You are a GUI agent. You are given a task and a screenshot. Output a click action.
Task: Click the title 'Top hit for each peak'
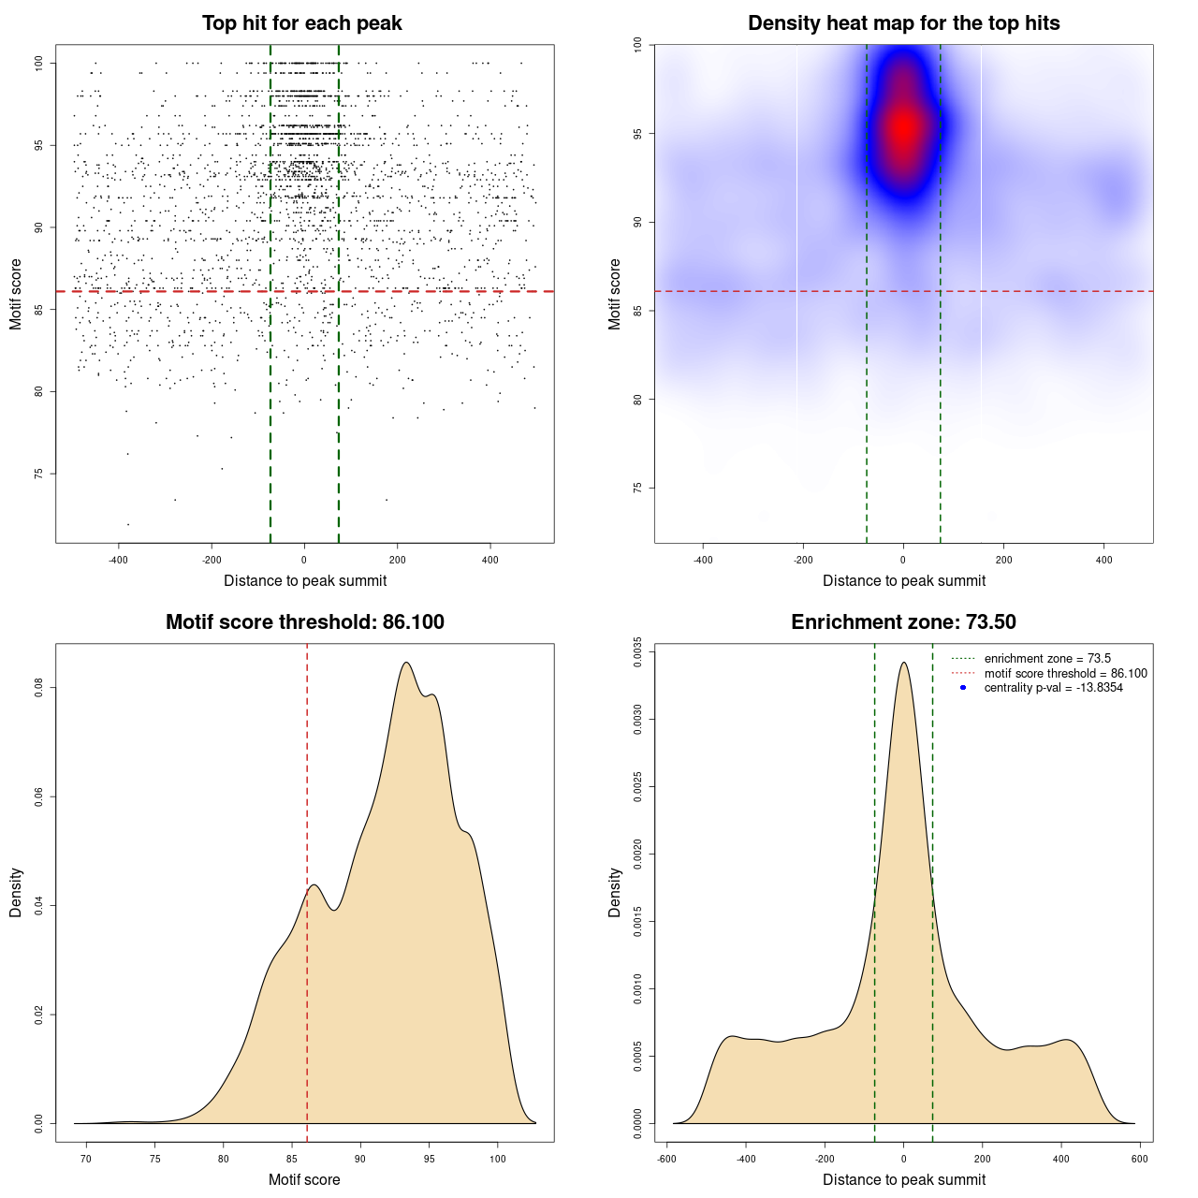pyautogui.click(x=302, y=23)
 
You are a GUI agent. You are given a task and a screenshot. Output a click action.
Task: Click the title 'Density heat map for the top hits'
pyautogui.click(x=903, y=23)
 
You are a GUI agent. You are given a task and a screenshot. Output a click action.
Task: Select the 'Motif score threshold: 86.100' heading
pyautogui.click(x=304, y=622)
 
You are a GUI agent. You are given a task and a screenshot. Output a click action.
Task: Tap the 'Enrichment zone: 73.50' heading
pyautogui.click(x=903, y=622)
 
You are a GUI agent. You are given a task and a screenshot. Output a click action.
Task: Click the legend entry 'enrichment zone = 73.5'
pyautogui.click(x=1047, y=659)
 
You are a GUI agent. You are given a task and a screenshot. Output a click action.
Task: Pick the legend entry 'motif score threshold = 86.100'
pyautogui.click(x=1065, y=674)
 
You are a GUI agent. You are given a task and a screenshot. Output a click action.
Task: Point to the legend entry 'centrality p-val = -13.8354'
pyautogui.click(x=1053, y=688)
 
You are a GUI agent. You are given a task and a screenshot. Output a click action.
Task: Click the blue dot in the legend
pyautogui.click(x=963, y=688)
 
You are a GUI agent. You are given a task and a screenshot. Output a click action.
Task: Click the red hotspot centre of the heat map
pyautogui.click(x=903, y=127)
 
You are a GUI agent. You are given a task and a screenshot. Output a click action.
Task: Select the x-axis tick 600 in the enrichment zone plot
pyautogui.click(x=1139, y=1159)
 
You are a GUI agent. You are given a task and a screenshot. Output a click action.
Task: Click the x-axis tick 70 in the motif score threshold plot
pyautogui.click(x=86, y=1159)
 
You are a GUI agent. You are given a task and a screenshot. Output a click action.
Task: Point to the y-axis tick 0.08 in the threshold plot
pyautogui.click(x=39, y=688)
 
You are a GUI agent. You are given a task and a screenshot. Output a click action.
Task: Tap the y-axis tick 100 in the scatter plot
pyautogui.click(x=39, y=63)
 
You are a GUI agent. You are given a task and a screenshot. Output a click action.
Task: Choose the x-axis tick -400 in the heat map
pyautogui.click(x=703, y=560)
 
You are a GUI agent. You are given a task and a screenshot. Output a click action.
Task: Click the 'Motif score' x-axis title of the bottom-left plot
pyautogui.click(x=304, y=1180)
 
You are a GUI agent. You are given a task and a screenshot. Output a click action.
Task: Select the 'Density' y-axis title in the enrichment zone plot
pyautogui.click(x=615, y=892)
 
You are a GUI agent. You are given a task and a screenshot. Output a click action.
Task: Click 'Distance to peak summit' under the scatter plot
pyautogui.click(x=305, y=581)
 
